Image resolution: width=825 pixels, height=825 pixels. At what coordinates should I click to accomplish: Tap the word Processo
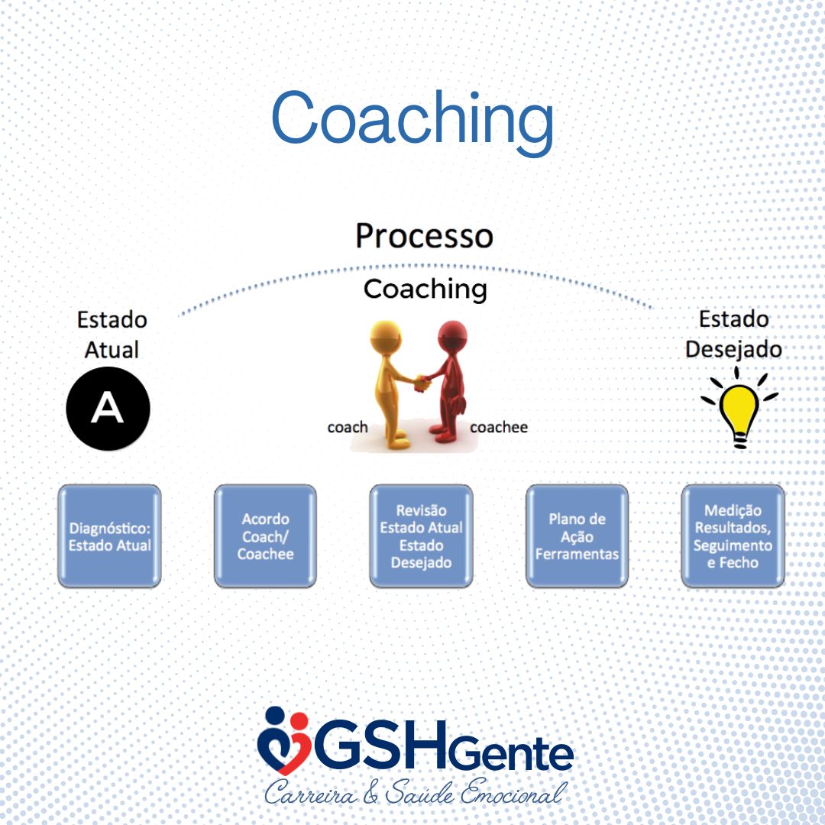(424, 236)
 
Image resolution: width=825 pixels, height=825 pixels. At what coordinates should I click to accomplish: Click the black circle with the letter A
(108, 408)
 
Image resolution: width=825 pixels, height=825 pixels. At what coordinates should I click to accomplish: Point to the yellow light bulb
(739, 409)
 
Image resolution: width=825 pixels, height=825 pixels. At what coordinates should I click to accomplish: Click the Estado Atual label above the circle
(112, 335)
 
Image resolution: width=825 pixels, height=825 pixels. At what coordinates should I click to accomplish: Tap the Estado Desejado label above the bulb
(733, 335)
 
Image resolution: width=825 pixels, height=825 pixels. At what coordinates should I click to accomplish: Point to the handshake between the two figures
(422, 383)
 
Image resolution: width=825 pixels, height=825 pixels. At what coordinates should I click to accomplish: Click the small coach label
(348, 427)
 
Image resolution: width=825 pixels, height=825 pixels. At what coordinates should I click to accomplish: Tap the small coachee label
(499, 427)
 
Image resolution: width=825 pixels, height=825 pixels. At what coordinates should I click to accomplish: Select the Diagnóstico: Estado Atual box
(109, 536)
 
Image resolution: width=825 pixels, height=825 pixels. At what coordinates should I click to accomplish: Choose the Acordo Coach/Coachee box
(265, 536)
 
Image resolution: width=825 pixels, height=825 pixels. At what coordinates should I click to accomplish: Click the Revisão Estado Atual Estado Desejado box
(421, 536)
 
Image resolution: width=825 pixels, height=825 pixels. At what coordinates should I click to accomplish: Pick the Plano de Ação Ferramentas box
(577, 536)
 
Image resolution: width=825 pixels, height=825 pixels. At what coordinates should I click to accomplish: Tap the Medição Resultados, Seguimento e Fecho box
(733, 536)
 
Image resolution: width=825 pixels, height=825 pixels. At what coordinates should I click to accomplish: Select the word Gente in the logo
(510, 755)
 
